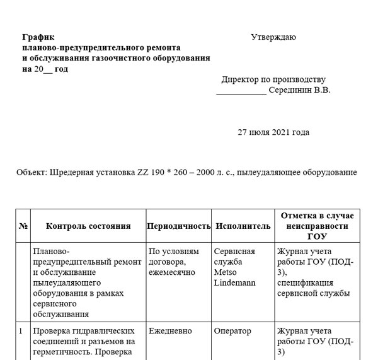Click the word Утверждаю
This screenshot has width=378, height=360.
point(273,37)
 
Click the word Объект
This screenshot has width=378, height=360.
point(31,172)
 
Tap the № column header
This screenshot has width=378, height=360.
point(23,226)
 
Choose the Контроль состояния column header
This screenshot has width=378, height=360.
point(88,226)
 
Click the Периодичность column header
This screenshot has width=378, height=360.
point(178,226)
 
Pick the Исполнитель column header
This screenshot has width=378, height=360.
point(243,226)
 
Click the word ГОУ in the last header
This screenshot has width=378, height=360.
point(317,236)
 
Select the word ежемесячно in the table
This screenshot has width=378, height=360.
point(172,272)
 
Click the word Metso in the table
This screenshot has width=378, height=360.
point(226,272)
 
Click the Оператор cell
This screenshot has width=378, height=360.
point(232,331)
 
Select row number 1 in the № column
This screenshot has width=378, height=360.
point(21,331)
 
